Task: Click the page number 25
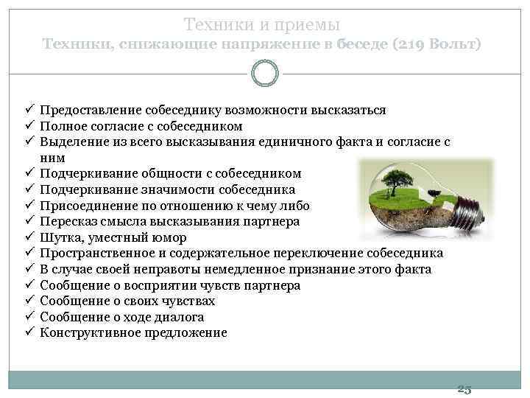click(464, 388)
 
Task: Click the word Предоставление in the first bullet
click(85, 110)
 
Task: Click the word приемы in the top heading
click(308, 25)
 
